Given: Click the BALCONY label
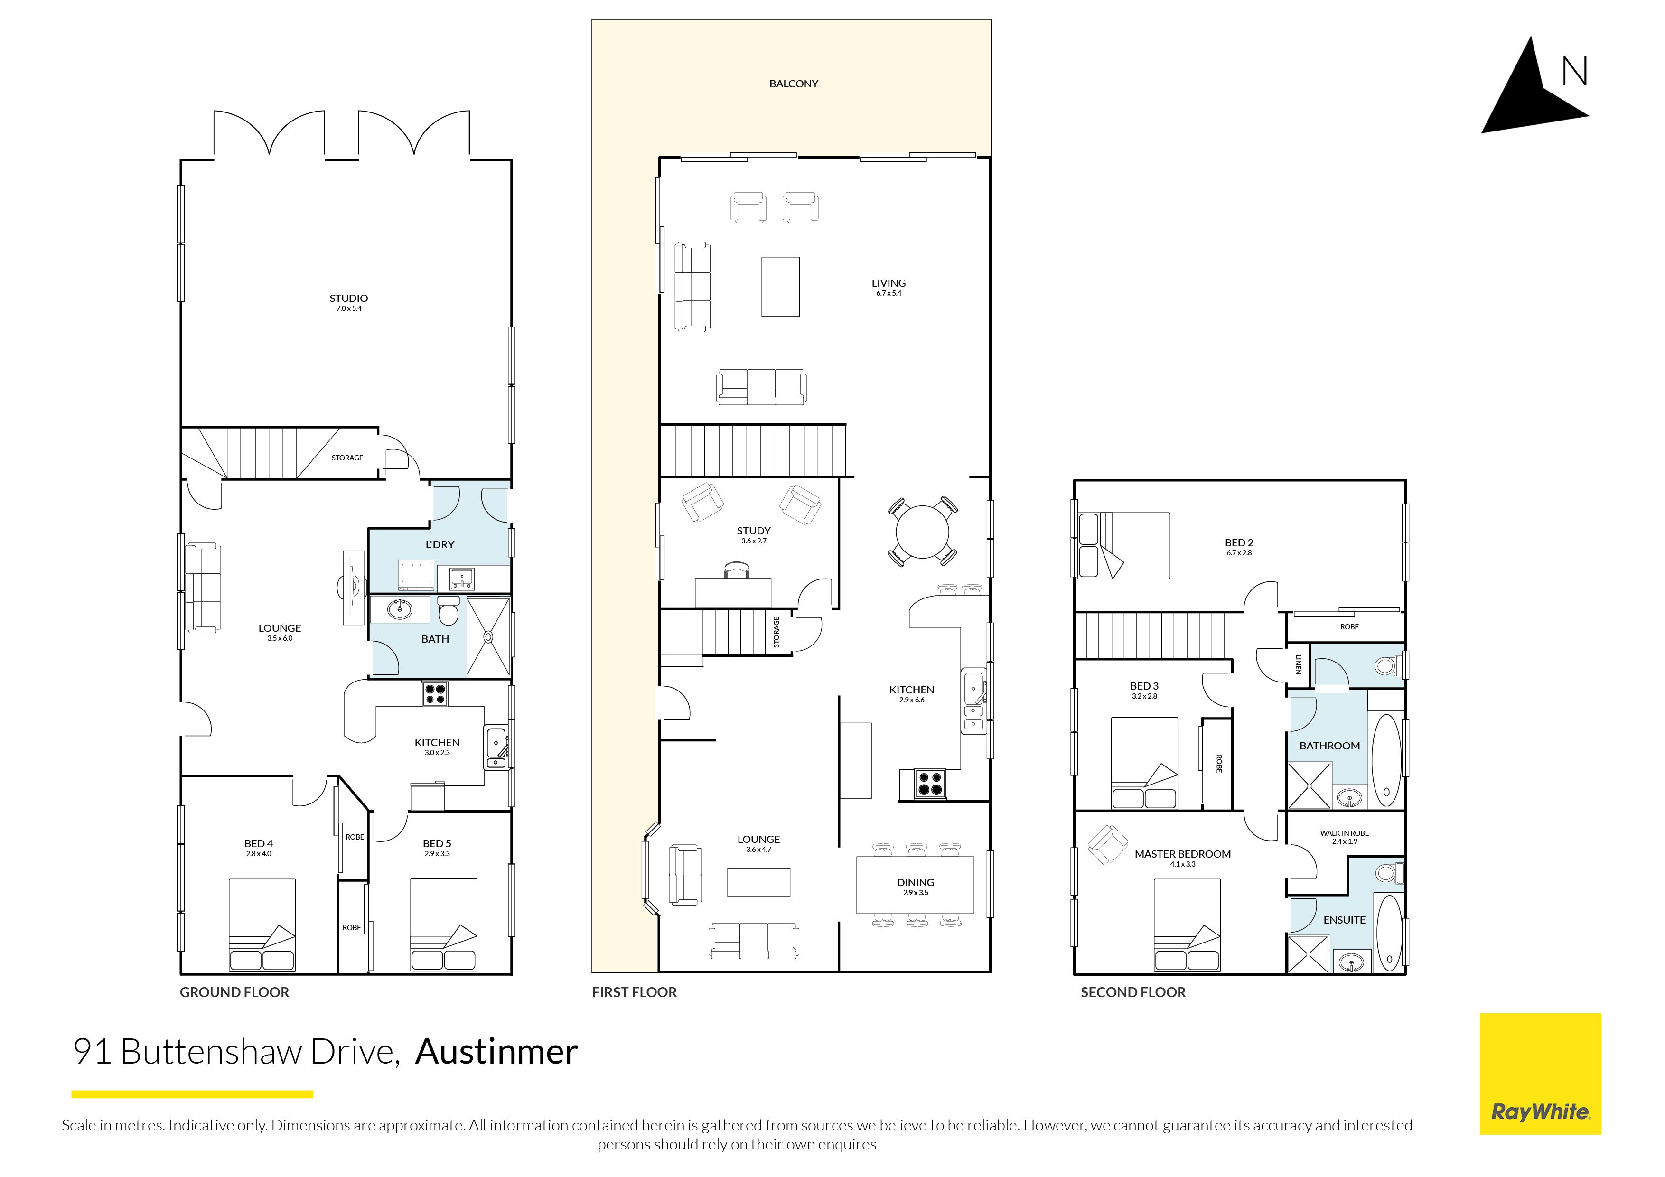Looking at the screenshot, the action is point(793,84).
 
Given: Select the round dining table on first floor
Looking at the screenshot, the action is point(922,532).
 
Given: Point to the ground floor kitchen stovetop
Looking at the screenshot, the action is point(435,694).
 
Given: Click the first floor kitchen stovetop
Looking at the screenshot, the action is point(930,784).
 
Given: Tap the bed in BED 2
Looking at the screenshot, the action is point(1123,545).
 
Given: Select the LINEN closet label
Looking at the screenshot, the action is point(1298,664).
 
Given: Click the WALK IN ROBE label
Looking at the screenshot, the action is point(1344,833).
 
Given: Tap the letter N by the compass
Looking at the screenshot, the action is point(1574,72).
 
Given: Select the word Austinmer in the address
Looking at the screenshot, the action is point(497,1052).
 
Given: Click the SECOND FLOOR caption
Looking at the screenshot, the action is point(1133,992).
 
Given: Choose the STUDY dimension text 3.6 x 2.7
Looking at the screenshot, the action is point(753,541).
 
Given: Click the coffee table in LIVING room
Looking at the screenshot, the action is point(780,287).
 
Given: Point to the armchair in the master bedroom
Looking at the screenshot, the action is point(1107,846).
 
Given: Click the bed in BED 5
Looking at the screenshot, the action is point(444,925).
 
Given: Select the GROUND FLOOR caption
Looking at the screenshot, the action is point(234,992).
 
